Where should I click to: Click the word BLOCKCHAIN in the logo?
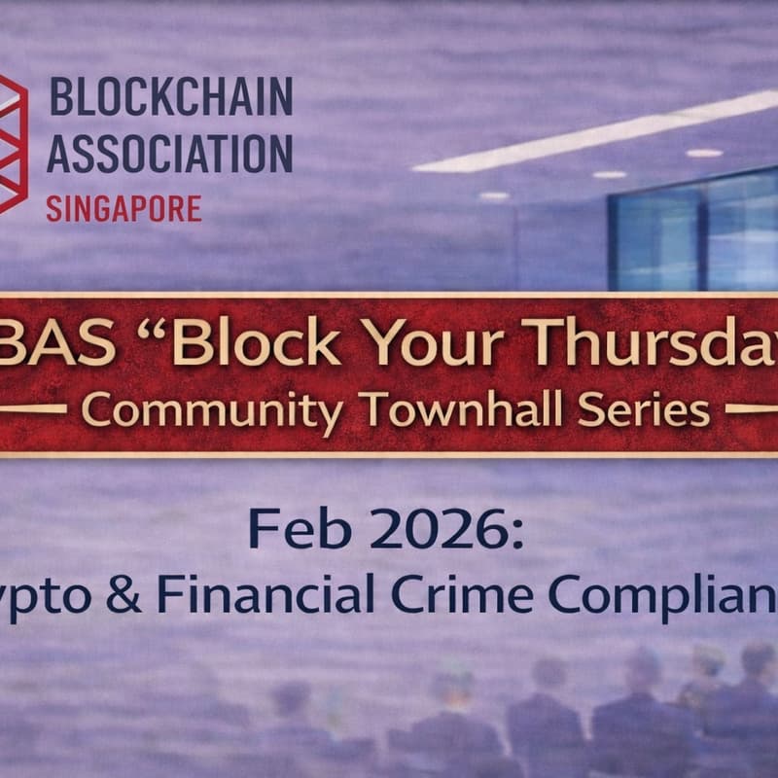coord(170,98)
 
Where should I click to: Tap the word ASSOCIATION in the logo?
coord(170,153)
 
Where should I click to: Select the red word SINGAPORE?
coord(124,207)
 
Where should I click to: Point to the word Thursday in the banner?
coord(671,343)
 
